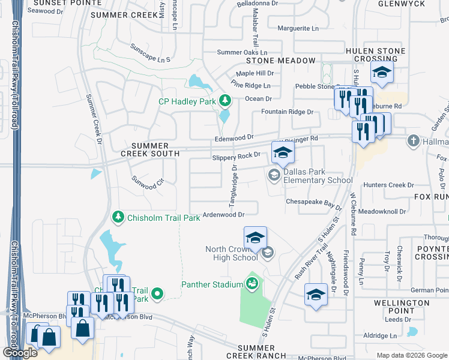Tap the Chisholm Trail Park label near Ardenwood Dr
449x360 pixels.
[x=164, y=218]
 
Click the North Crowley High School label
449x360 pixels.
[x=231, y=253]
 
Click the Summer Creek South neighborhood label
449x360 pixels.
[x=146, y=149]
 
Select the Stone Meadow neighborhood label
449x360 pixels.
[x=279, y=61]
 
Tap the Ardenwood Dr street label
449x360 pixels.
[x=224, y=214]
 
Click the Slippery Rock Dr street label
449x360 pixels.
[x=236, y=155]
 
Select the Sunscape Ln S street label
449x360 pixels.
[x=151, y=59]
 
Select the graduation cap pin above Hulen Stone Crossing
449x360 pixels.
[x=381, y=73]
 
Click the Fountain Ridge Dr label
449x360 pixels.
[x=287, y=112]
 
